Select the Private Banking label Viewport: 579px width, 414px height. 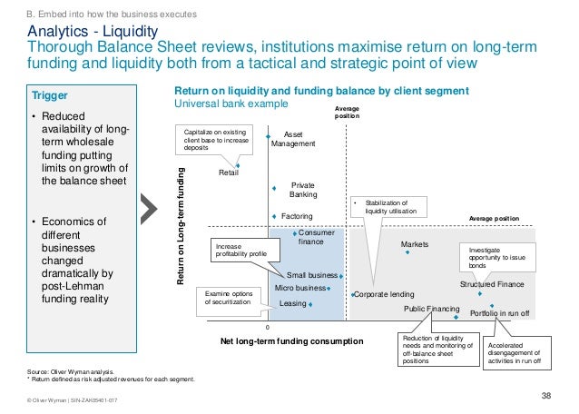pos(302,189)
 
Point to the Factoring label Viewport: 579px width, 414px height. pos(297,217)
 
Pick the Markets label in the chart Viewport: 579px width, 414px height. pos(414,244)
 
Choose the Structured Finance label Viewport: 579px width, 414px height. pos(492,285)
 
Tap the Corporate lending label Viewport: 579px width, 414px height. pos(384,294)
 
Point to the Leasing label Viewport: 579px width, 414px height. pos(293,303)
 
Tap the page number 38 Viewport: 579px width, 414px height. pos(546,394)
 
